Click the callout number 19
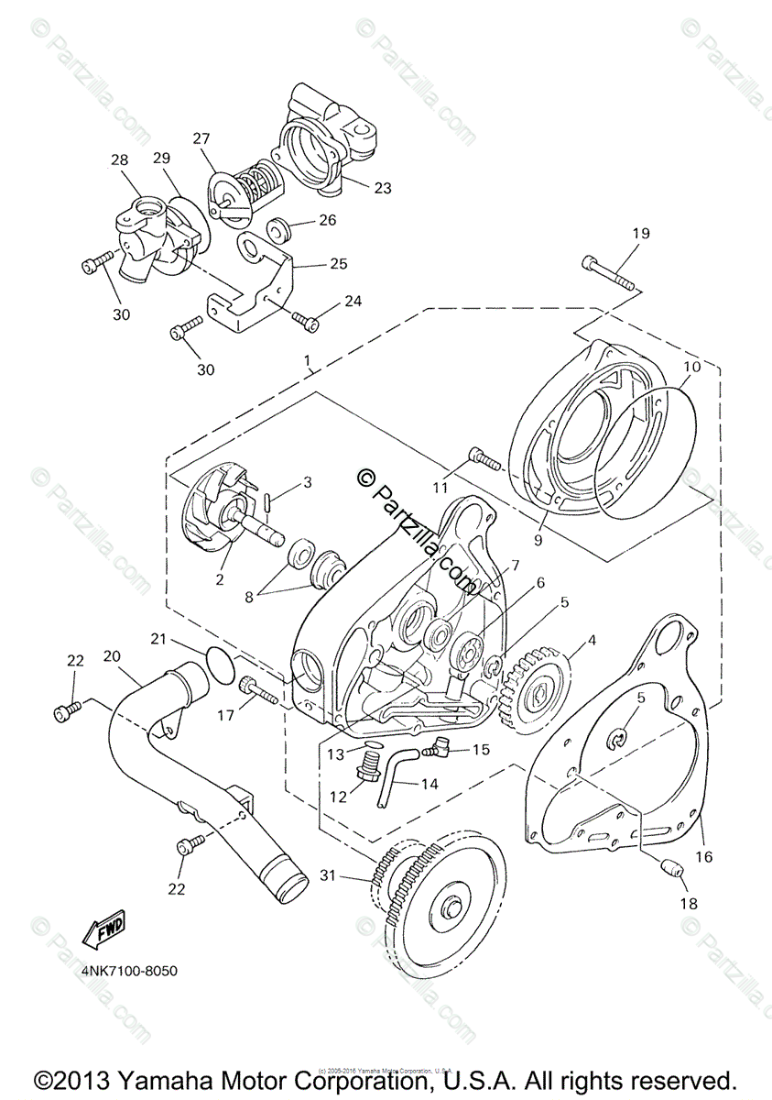click(640, 234)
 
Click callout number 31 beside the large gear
click(329, 875)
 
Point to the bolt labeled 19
click(608, 273)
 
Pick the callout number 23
click(383, 187)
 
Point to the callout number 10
click(691, 367)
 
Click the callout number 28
click(119, 161)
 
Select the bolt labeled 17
click(257, 691)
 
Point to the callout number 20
click(112, 656)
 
